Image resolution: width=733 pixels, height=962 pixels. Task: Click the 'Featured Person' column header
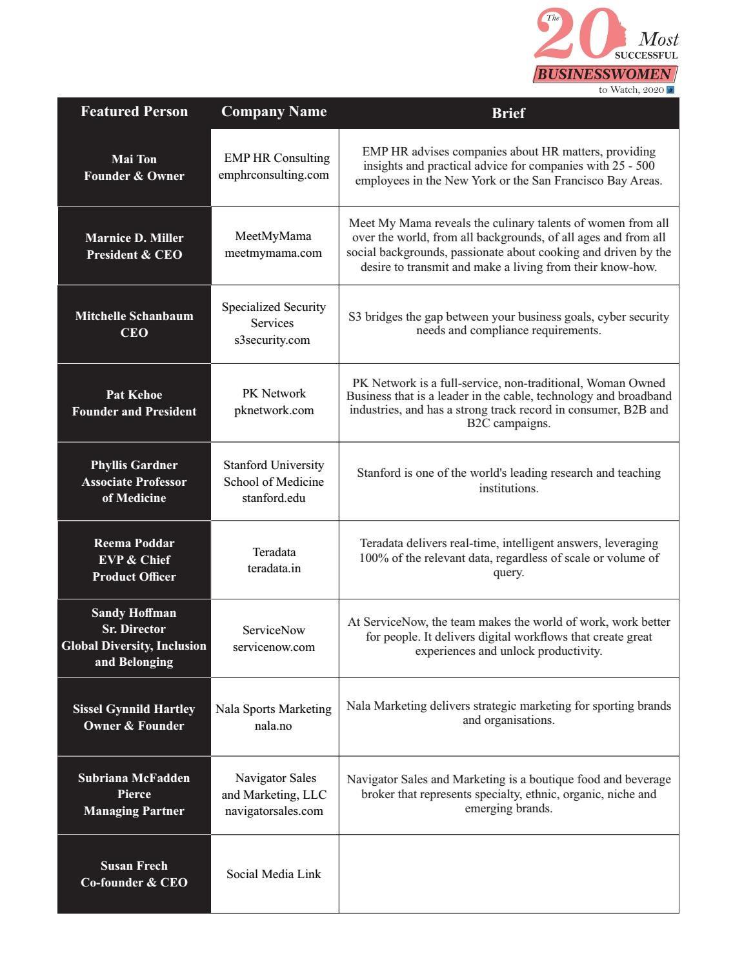[134, 112]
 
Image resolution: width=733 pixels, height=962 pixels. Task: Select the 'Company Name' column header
[274, 112]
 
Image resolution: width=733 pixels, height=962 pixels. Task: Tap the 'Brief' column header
[508, 113]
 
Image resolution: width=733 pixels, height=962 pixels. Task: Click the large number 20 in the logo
[572, 35]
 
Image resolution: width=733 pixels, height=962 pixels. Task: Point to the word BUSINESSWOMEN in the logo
[605, 74]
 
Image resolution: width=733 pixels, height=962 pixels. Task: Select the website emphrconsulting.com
[274, 175]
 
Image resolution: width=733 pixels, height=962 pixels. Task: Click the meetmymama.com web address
[273, 253]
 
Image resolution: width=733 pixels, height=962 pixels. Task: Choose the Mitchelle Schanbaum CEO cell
[134, 324]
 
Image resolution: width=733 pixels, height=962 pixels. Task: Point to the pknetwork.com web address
[274, 410]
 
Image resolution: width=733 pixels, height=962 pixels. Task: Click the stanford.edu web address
[274, 498]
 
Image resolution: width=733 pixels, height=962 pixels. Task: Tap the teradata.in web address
[274, 568]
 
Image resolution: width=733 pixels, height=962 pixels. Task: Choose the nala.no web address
[273, 726]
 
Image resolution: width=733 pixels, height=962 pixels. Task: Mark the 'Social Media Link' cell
[274, 874]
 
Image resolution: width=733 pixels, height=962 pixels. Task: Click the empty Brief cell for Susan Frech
[508, 874]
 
